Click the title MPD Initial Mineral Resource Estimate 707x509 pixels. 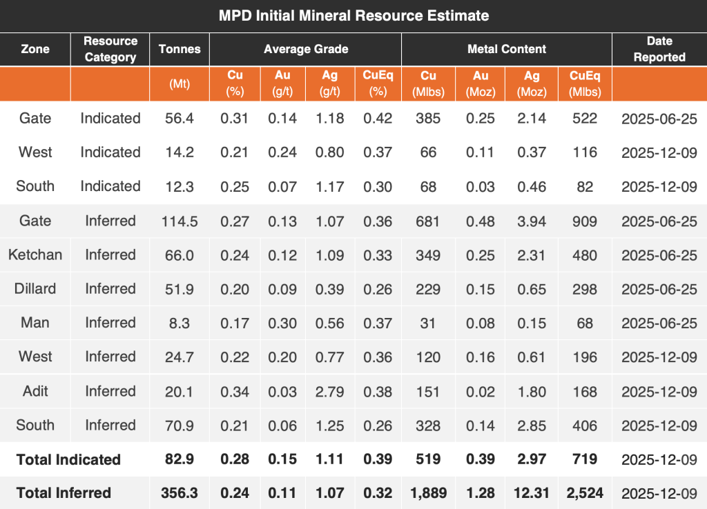coord(353,15)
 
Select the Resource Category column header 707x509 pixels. coord(110,49)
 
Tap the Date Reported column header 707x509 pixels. coord(659,49)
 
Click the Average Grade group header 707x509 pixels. coord(306,49)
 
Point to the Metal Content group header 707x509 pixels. coord(506,49)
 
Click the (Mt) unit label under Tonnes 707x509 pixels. coord(180,84)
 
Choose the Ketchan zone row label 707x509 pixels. coord(35,254)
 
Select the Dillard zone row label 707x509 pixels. coord(35,288)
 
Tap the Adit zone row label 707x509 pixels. coord(35,391)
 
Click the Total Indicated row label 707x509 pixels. coord(68,459)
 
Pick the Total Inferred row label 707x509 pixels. coord(64,493)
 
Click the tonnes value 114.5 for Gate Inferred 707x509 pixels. coord(180,221)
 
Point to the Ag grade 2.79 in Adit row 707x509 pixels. coord(330,391)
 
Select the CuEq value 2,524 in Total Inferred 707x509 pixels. coord(585,493)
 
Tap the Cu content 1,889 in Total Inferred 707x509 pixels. coord(428,493)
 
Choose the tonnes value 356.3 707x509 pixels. coord(180,493)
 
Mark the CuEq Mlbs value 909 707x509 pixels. coord(585,221)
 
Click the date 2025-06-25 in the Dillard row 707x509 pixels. coord(659,288)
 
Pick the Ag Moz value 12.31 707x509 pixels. coord(532,493)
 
